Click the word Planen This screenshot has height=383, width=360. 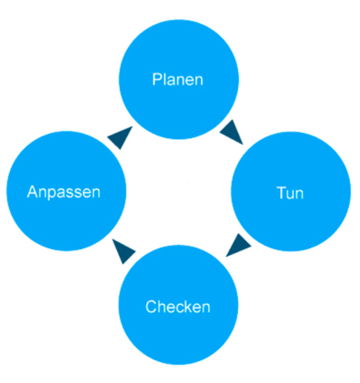178,80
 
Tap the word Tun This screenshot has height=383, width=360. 290,193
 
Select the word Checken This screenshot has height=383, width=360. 178,307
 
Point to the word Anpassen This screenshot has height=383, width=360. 64,192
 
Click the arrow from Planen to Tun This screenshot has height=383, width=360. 231,131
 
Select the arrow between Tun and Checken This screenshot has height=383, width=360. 238,245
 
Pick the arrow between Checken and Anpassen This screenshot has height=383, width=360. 124,252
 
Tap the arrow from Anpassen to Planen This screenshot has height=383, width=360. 120,137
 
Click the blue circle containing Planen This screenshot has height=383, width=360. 179,80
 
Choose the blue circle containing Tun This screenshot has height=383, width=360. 291,191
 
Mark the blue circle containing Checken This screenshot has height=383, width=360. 178,305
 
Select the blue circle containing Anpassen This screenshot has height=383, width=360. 66,191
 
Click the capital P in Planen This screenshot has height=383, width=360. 157,80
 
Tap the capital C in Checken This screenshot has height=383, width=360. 151,307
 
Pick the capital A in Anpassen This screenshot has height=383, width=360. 32,191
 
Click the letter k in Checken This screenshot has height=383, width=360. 187,307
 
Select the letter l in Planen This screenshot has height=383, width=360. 164,80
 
